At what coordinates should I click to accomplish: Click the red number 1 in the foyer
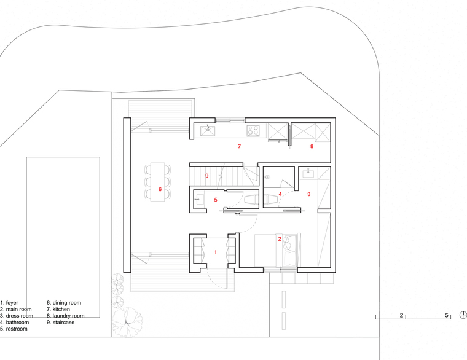pyautogui.click(x=216, y=252)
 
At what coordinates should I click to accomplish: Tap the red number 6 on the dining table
pyautogui.click(x=160, y=189)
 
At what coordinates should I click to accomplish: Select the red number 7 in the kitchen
pyautogui.click(x=239, y=146)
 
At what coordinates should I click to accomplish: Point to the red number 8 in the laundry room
pyautogui.click(x=312, y=146)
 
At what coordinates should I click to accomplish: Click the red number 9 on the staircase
pyautogui.click(x=207, y=176)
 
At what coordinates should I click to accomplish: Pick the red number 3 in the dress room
pyautogui.click(x=309, y=194)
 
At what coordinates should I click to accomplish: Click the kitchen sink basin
pyautogui.click(x=208, y=130)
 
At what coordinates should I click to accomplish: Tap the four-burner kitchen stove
pyautogui.click(x=253, y=130)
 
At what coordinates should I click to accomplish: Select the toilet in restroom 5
pyautogui.click(x=251, y=199)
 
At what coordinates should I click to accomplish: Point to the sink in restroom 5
pyautogui.click(x=199, y=200)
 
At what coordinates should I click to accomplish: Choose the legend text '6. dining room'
pyautogui.click(x=64, y=303)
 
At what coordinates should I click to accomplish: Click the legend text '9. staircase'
pyautogui.click(x=60, y=323)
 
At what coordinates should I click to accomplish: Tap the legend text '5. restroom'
pyautogui.click(x=14, y=329)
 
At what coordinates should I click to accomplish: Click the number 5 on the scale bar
pyautogui.click(x=447, y=315)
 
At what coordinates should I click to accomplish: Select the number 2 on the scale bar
pyautogui.click(x=401, y=315)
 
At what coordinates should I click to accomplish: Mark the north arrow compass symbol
pyautogui.click(x=463, y=315)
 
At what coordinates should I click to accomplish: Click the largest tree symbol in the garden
pyautogui.click(x=127, y=322)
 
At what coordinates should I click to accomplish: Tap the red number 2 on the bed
pyautogui.click(x=280, y=239)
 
